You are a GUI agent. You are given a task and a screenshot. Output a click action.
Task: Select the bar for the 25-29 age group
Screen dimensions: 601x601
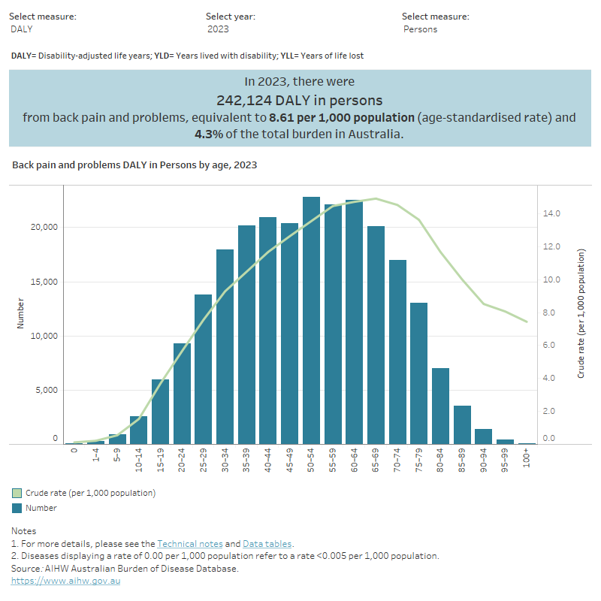point(204,369)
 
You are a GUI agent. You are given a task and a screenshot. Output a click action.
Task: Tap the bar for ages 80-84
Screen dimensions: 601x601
point(418,406)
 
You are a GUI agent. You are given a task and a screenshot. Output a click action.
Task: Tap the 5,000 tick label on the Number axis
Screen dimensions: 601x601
point(44,391)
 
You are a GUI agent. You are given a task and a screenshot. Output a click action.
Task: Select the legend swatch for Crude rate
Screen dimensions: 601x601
point(17,493)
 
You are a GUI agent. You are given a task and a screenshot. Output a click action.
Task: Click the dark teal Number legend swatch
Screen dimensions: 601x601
point(17,508)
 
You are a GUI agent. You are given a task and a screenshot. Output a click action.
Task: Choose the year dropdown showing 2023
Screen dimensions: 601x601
point(219,29)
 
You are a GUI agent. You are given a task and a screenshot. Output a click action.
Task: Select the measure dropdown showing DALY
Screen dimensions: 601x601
point(22,29)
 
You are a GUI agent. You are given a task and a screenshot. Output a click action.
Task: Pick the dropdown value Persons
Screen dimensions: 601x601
point(421,29)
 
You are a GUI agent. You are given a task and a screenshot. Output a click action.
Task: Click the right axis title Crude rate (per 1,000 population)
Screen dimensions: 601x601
point(581,313)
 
